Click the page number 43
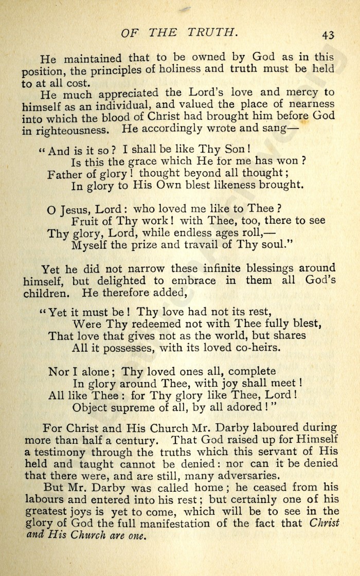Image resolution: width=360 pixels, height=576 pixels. point(329,34)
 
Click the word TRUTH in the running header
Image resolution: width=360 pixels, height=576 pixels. point(210,32)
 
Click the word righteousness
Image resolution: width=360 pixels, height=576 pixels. point(69,130)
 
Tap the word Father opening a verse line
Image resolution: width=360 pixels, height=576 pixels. point(66,175)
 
